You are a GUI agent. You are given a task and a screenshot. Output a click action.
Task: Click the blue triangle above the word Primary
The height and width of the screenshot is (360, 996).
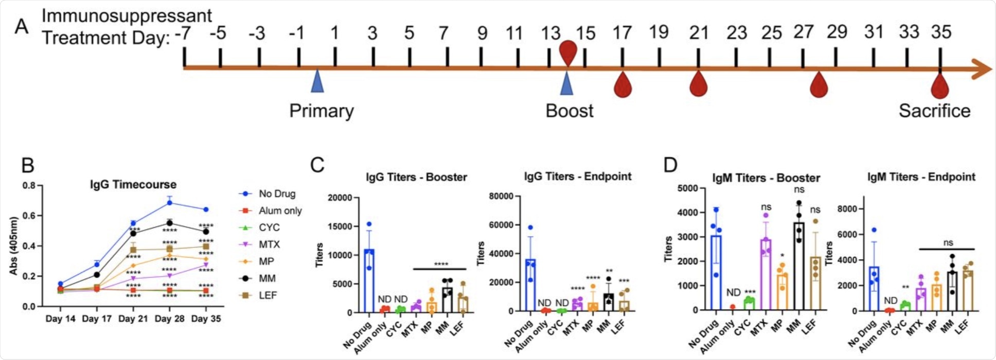(317, 82)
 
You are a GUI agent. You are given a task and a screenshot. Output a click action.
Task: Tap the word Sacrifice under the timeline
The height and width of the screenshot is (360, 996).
(934, 111)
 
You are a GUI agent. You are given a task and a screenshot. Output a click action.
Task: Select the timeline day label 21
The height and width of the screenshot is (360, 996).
(699, 33)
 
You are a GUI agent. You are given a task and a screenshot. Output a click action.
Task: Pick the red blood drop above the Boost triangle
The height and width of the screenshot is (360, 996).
(568, 51)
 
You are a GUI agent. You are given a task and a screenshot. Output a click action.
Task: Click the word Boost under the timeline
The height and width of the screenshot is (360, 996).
(569, 111)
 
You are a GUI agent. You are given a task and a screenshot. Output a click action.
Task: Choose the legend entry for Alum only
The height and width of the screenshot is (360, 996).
(280, 211)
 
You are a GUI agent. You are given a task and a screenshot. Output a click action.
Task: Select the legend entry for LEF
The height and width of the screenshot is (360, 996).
(268, 295)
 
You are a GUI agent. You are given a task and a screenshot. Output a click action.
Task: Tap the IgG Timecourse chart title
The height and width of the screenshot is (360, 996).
(133, 185)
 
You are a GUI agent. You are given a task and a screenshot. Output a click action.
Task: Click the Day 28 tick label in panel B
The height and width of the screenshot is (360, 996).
(170, 319)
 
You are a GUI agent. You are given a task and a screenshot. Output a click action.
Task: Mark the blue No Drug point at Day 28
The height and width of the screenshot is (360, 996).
(170, 203)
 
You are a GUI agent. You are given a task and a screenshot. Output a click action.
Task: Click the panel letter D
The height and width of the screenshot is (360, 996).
(670, 166)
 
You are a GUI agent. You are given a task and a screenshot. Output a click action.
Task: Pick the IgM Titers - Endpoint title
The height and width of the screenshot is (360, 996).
(921, 177)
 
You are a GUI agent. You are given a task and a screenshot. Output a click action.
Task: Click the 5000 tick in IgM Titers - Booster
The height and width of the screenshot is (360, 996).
(688, 188)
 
